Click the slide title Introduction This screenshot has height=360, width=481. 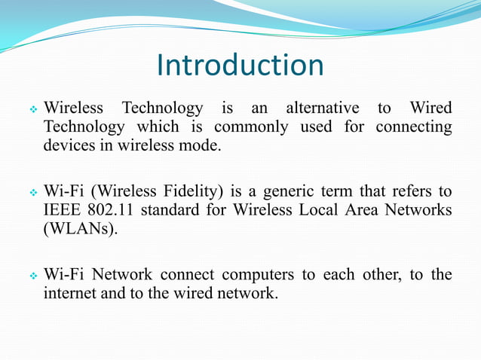240,66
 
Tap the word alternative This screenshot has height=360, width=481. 322,108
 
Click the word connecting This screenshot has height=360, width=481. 413,127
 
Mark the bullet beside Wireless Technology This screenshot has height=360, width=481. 32,109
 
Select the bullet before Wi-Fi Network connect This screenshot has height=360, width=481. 32,275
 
